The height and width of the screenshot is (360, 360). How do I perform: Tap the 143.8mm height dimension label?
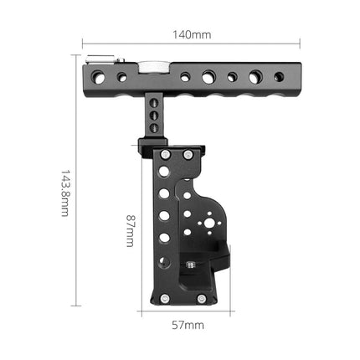[x=64, y=193]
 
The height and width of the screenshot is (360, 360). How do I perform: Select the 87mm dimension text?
[x=130, y=228]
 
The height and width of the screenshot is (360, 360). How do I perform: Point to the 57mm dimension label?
[x=188, y=323]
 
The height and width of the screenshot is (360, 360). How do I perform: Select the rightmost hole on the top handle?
[x=278, y=77]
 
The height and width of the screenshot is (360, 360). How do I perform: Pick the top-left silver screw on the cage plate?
[x=165, y=155]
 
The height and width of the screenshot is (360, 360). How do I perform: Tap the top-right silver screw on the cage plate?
[x=188, y=155]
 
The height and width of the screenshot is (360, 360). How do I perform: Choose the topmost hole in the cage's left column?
[x=165, y=172]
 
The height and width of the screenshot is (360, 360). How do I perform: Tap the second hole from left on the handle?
[x=122, y=77]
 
